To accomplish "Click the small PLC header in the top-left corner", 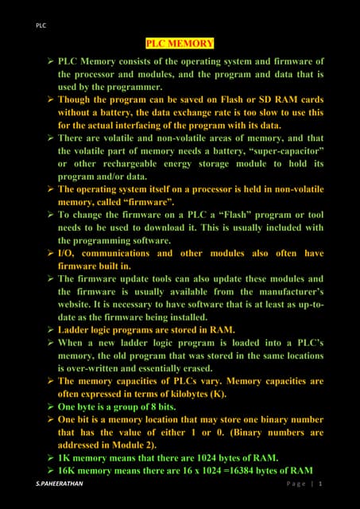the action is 41,25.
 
